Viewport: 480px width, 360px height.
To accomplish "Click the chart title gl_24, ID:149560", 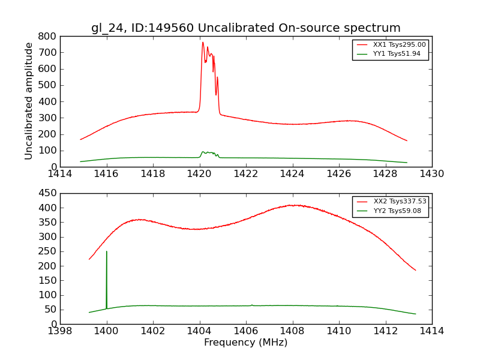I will tap(245, 28).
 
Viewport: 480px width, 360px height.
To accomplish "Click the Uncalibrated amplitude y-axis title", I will tap(29, 101).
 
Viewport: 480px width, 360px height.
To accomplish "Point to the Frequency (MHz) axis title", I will tap(245, 343).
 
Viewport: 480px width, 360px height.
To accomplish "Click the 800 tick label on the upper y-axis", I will tap(47, 36).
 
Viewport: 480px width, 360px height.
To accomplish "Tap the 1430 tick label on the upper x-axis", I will tap(431, 174).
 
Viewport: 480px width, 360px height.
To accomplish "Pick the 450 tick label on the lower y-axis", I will tap(47, 193).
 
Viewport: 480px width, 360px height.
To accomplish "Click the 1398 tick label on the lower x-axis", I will tap(60, 331).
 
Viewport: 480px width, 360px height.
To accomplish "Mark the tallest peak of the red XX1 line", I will tap(203, 42).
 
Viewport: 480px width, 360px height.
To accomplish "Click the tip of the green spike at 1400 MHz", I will tap(107, 251).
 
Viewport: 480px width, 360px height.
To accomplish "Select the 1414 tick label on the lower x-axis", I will tap(431, 331).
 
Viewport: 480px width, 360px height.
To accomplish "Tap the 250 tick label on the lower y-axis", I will tap(47, 251).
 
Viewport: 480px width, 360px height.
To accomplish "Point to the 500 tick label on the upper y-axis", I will tap(47, 85).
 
